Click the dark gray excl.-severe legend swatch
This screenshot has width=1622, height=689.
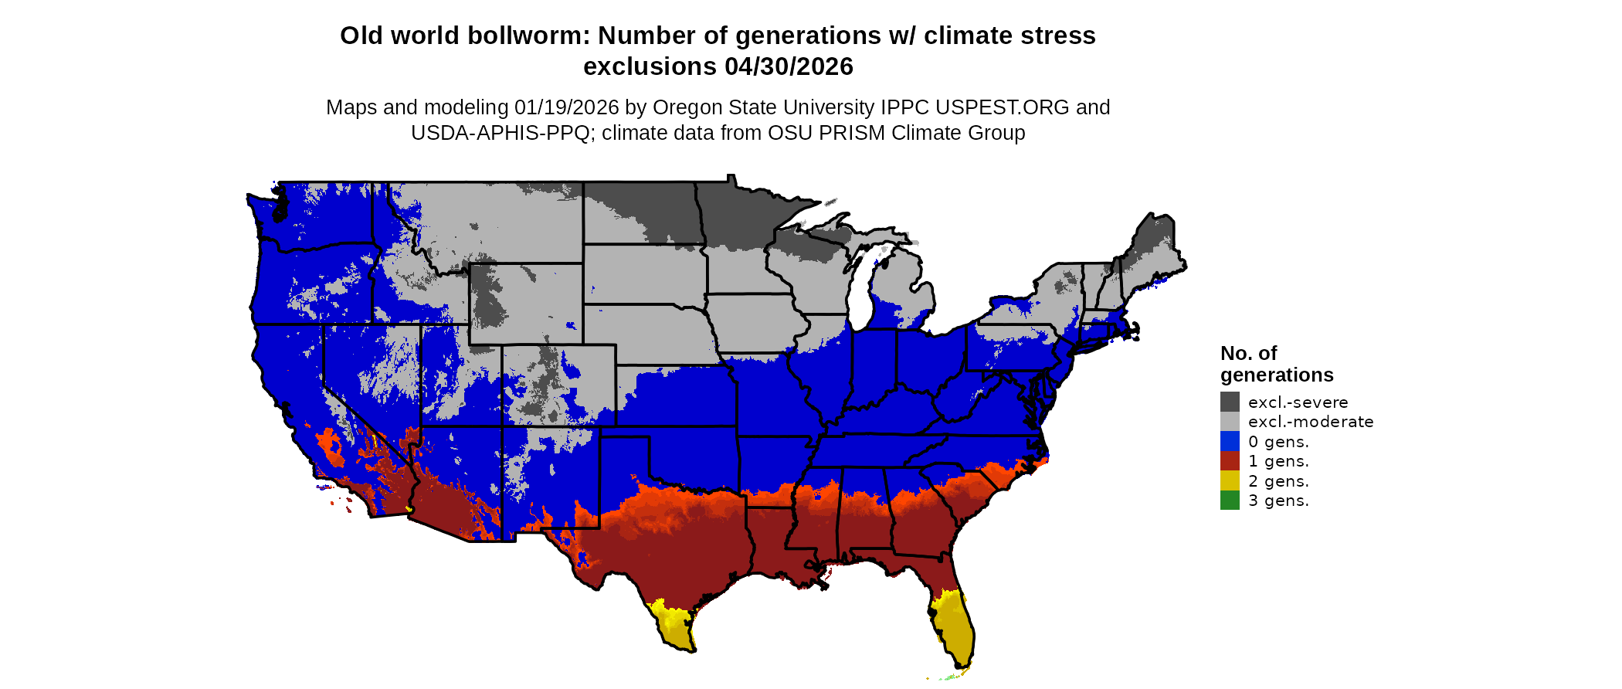coord(1230,402)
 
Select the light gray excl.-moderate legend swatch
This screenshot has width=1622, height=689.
coord(1230,422)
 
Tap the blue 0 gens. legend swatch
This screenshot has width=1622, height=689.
coord(1230,441)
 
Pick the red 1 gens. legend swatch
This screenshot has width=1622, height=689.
coord(1230,461)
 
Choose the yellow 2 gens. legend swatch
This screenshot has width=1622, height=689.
coord(1230,480)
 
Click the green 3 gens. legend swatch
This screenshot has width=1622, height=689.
coord(1230,501)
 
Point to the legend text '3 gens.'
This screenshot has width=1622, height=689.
coord(1278,501)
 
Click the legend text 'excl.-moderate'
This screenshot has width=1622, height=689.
coord(1311,422)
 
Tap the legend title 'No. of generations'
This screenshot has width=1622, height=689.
coord(1276,364)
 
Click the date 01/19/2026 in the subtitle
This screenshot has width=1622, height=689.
coord(566,107)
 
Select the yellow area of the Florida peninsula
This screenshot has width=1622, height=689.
coord(953,626)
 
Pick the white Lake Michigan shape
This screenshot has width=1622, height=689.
coord(860,294)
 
